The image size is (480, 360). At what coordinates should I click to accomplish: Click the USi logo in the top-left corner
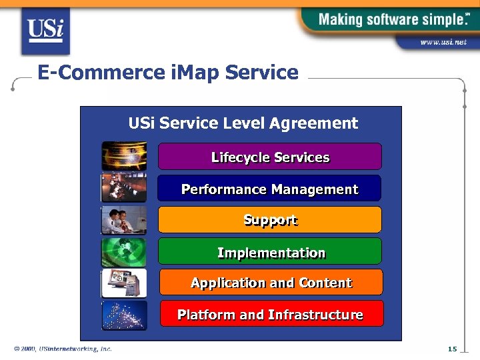(45, 31)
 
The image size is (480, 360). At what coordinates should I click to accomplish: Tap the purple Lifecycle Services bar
(269, 157)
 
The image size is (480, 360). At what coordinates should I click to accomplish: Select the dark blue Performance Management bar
(269, 189)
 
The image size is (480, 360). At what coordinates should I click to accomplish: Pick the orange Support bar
(269, 220)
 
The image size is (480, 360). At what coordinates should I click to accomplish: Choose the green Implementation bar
(269, 252)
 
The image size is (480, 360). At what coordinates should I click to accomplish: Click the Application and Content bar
(271, 283)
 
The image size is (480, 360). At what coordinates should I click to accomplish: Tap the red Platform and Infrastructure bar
(271, 314)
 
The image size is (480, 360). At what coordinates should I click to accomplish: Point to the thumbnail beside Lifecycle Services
(124, 156)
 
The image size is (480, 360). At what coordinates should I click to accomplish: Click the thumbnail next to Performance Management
(124, 187)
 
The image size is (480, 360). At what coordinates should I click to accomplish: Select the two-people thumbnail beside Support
(124, 220)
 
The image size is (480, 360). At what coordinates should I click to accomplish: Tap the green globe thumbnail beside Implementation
(124, 252)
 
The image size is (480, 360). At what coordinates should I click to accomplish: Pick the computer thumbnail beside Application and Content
(124, 283)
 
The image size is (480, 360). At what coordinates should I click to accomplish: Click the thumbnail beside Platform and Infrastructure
(124, 315)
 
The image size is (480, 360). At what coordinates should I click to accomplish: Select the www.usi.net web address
(443, 43)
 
